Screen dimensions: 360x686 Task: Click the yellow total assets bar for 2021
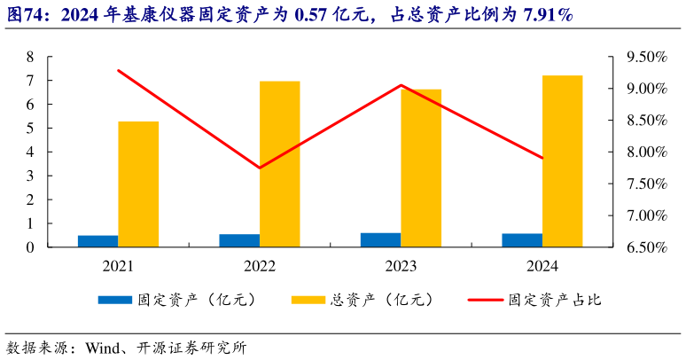(x=138, y=184)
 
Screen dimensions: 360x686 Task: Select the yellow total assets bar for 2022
(x=280, y=164)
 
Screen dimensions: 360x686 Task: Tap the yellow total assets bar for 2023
(x=421, y=168)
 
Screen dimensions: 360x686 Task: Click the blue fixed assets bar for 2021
(x=97, y=241)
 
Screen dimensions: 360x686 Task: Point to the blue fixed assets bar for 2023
(x=380, y=240)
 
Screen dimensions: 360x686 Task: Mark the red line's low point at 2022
(x=260, y=168)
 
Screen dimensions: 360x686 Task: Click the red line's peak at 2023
(x=401, y=85)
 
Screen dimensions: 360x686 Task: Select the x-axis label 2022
(x=260, y=265)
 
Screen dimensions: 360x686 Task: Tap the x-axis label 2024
(x=542, y=265)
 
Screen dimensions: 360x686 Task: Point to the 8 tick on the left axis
(x=30, y=57)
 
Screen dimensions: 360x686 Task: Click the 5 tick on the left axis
(x=30, y=129)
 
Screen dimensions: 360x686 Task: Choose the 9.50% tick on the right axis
(x=645, y=57)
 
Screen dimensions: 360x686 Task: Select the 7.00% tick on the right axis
(x=645, y=215)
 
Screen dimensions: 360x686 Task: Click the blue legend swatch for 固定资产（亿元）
(x=113, y=300)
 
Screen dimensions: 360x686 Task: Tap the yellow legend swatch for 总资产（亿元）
(x=308, y=300)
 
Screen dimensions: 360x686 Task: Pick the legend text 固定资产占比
(x=556, y=300)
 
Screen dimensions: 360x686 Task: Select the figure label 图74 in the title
(x=25, y=14)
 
